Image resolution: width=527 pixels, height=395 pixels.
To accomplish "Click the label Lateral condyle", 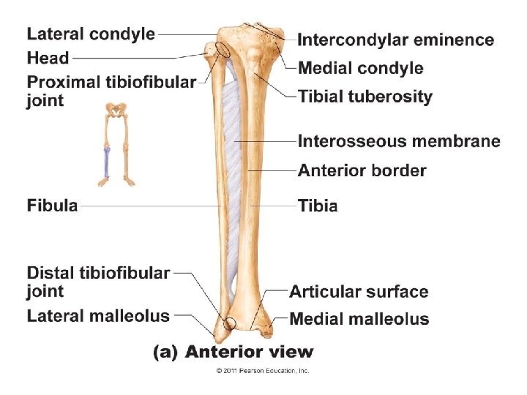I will point(91,34).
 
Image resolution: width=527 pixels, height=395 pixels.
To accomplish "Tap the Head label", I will point(48,57).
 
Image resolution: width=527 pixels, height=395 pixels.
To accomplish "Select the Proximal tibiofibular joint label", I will point(111,90).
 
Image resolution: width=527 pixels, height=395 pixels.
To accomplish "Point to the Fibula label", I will point(52,206).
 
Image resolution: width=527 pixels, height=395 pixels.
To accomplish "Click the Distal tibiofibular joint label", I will point(98,282).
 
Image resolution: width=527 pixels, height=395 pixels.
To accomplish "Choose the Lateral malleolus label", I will point(98,316).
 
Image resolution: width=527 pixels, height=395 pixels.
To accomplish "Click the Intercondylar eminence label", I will point(395,39).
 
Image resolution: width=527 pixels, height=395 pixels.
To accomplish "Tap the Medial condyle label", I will point(361,68).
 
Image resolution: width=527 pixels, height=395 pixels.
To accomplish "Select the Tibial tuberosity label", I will point(365,97).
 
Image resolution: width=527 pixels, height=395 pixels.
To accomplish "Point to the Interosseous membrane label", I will point(399,140).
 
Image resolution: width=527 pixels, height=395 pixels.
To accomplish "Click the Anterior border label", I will point(362,170).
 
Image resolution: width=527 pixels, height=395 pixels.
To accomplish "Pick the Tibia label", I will point(318,206).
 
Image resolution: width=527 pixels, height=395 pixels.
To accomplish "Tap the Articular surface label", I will point(359,292).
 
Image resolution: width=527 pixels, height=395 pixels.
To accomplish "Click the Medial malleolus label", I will point(359,319).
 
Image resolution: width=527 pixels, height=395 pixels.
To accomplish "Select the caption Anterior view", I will point(233,352).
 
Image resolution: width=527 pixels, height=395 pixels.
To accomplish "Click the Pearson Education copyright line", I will point(263,371).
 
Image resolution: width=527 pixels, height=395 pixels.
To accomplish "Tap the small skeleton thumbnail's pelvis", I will point(116,110).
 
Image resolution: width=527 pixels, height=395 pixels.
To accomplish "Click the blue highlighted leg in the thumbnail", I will point(106,161).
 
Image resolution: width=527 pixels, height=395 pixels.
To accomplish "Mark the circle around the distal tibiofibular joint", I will point(231,323).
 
